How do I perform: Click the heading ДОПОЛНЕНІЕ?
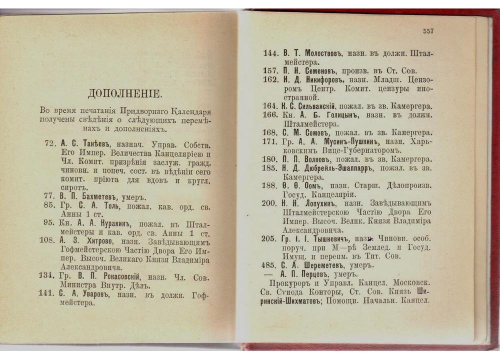pyautogui.click(x=124, y=93)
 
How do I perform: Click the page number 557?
pyautogui.click(x=428, y=31)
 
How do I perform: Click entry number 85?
pyautogui.click(x=49, y=205)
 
